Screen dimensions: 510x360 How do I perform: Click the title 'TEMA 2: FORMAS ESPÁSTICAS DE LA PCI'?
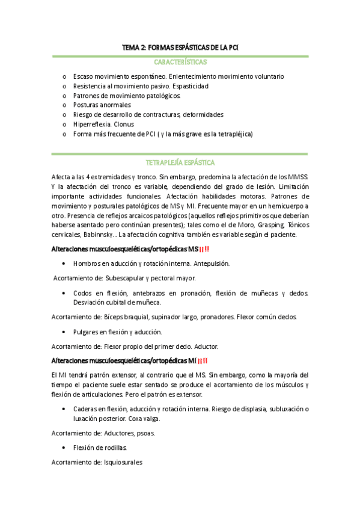(x=180, y=47)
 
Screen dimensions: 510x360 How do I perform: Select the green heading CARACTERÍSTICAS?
(x=180, y=62)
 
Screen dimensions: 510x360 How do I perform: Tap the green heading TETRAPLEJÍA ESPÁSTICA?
(x=180, y=163)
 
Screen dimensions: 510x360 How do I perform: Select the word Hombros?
(x=87, y=263)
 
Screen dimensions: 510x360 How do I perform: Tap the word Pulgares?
(x=87, y=331)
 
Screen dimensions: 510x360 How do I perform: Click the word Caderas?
(x=87, y=409)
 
